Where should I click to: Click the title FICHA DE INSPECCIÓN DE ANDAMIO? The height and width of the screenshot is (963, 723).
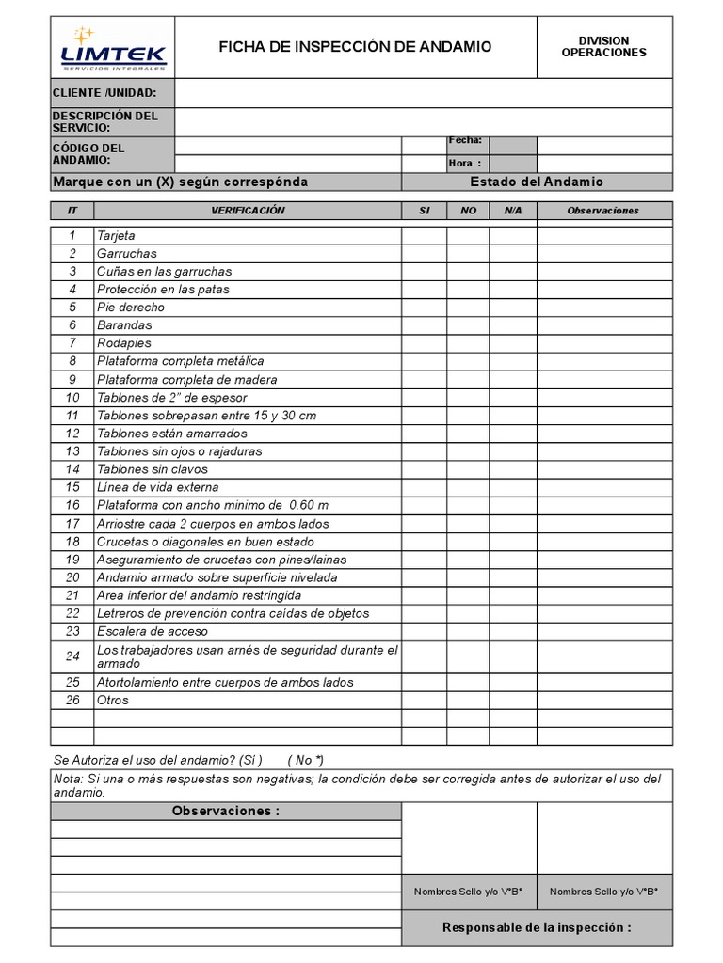(x=355, y=47)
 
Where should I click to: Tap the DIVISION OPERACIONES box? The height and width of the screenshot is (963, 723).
(x=603, y=47)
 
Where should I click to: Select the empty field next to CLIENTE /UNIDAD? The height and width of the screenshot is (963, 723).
(x=423, y=93)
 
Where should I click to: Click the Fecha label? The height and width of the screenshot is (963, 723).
(x=465, y=140)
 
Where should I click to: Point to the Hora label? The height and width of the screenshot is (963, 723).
(x=465, y=163)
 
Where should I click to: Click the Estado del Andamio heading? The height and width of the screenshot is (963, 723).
(x=537, y=182)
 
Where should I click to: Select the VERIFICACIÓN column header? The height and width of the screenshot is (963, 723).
(x=248, y=211)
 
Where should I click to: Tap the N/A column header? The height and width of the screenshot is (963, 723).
(x=513, y=211)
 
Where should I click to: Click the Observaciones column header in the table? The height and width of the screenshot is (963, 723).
(x=603, y=211)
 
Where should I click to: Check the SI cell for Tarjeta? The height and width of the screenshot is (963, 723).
(x=424, y=236)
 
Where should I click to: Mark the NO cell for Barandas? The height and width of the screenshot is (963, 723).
(x=468, y=325)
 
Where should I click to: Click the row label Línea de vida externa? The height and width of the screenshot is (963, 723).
(x=157, y=487)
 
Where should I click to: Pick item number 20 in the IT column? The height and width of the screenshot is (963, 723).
(x=72, y=577)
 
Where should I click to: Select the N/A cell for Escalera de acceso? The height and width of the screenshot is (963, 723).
(x=513, y=631)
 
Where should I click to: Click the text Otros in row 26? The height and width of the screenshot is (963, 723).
(x=113, y=701)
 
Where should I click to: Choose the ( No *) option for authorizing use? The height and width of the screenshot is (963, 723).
(x=306, y=760)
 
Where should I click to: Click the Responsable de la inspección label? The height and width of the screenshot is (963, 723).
(x=537, y=927)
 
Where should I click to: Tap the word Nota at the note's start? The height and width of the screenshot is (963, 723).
(x=68, y=779)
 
